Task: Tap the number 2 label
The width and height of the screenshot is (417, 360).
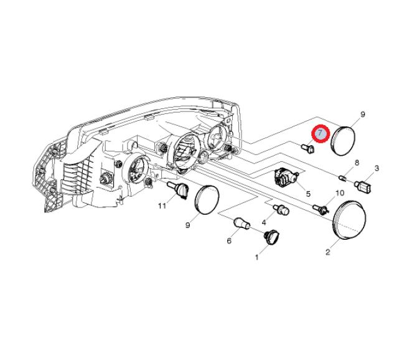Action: (x=327, y=252)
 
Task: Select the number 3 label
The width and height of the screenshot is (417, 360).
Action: (x=377, y=168)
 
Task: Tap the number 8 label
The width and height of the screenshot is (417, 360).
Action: (x=357, y=163)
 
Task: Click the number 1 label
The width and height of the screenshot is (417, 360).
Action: (x=256, y=257)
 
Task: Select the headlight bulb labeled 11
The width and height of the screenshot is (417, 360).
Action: (x=177, y=190)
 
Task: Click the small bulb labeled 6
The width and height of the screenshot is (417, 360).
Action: (x=241, y=224)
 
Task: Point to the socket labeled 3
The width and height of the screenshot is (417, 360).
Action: (x=364, y=185)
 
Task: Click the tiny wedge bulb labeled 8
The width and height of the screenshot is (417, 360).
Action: (x=342, y=178)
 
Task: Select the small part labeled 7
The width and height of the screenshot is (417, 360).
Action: (x=308, y=148)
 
